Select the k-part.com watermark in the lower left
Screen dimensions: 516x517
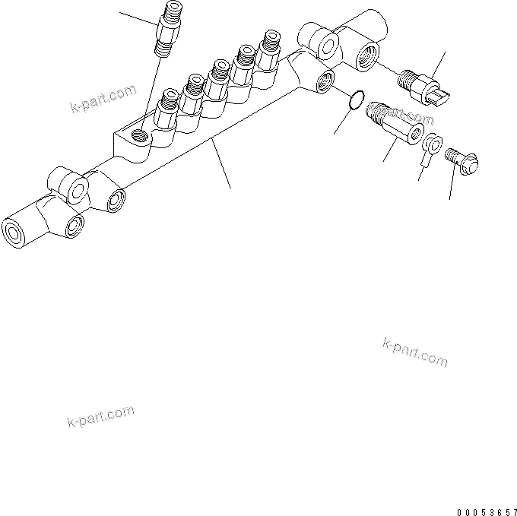tap(100, 416)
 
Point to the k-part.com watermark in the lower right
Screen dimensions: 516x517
tap(415, 350)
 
